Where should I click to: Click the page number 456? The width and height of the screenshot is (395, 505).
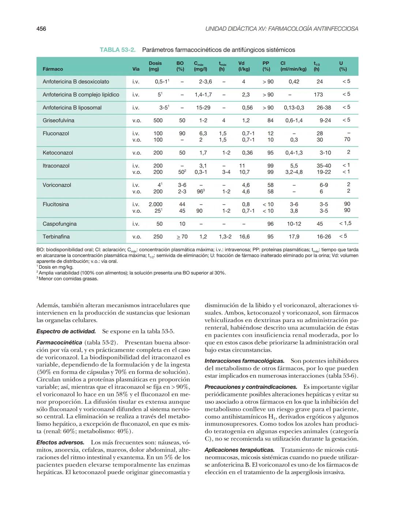(41, 29)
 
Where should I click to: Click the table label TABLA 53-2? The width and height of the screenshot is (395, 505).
(117, 50)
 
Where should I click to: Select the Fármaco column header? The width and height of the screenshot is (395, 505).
(53, 69)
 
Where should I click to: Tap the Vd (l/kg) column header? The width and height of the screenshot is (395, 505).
(244, 66)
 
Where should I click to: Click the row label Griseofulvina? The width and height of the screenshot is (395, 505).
(58, 120)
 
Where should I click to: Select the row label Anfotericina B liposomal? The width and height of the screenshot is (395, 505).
(72, 108)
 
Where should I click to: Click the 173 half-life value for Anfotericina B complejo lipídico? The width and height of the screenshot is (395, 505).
(318, 94)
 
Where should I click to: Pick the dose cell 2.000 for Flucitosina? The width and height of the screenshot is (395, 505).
(155, 204)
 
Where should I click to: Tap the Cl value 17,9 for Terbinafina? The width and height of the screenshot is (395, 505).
(294, 236)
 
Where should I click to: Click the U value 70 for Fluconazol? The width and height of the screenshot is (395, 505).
(347, 139)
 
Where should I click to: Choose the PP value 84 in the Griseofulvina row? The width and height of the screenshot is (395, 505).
(270, 120)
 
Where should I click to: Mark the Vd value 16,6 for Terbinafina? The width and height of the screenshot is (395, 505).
(244, 236)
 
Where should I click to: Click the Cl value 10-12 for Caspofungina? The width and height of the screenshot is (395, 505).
(294, 224)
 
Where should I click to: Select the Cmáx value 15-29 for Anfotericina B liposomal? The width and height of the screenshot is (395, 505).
(203, 108)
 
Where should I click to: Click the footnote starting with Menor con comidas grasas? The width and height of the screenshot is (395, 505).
(68, 279)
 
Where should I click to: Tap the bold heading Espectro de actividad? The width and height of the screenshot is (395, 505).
(66, 331)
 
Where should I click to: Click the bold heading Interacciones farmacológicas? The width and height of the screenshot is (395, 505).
(244, 361)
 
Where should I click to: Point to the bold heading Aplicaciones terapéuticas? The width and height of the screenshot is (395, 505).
(239, 450)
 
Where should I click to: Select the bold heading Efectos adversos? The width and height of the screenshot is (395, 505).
(60, 442)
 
